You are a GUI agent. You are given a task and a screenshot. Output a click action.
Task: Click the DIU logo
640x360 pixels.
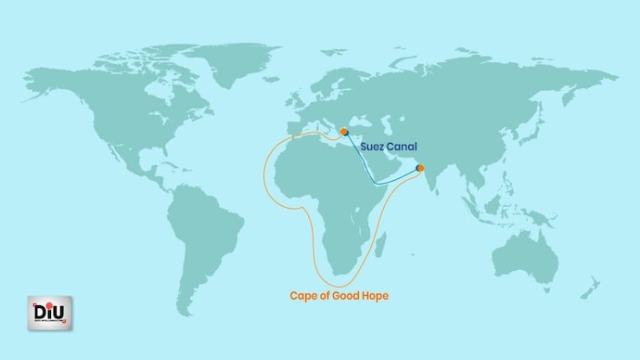[49, 313]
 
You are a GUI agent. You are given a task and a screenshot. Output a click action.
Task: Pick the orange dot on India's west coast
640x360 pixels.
[420, 168]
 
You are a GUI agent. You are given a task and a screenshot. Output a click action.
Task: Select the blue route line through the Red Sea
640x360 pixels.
[367, 168]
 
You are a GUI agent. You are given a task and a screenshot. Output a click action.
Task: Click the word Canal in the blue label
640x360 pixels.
[400, 147]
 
